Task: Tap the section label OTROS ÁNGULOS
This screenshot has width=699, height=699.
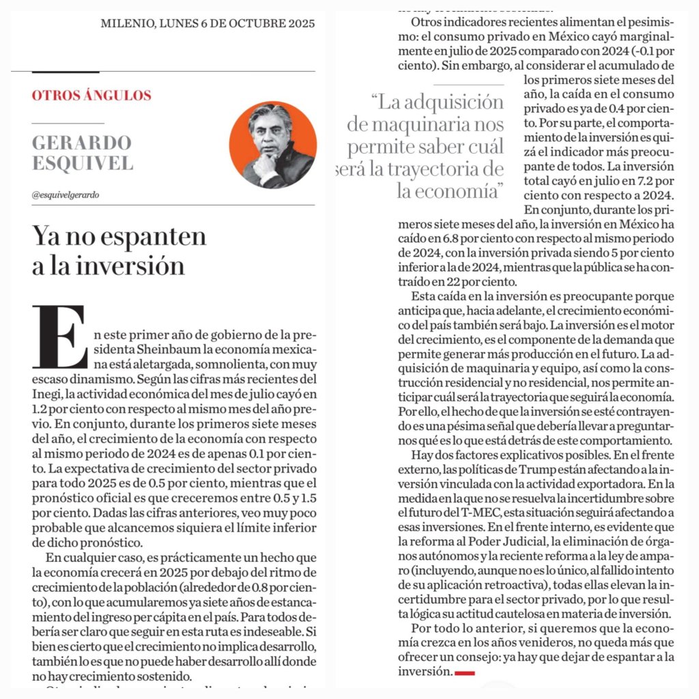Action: pyautogui.click(x=91, y=96)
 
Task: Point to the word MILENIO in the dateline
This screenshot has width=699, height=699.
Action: pyautogui.click(x=126, y=23)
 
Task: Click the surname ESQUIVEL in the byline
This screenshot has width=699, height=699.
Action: pyautogui.click(x=83, y=164)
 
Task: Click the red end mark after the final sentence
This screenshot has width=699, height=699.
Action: pyautogui.click(x=464, y=673)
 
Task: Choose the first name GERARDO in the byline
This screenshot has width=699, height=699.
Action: pyautogui.click(x=81, y=143)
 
